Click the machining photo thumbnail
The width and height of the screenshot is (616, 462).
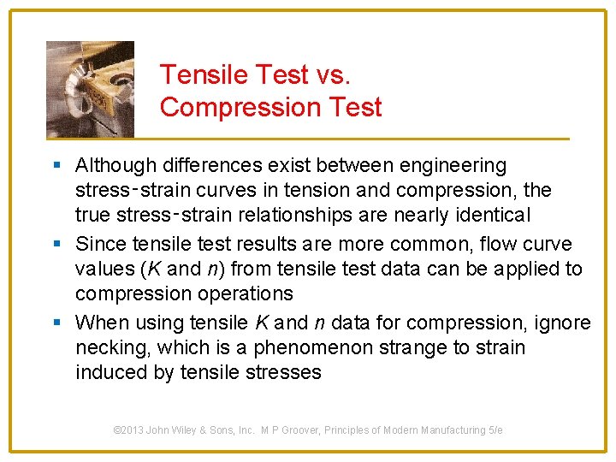90,88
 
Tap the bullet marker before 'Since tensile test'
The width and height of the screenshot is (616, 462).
56,244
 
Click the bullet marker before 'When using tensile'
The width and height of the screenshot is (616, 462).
56,323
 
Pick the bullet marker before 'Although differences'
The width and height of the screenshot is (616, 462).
56,165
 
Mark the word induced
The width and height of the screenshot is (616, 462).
108,372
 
